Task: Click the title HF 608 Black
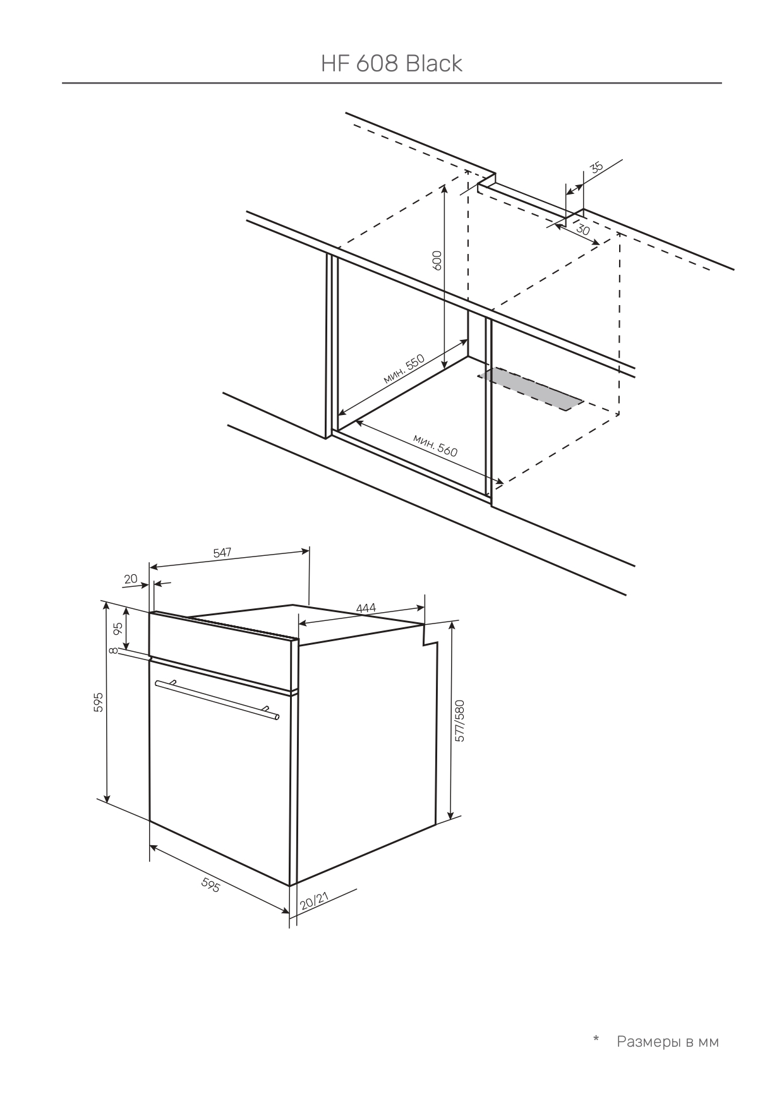pyautogui.click(x=392, y=63)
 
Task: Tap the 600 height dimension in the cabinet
pyautogui.click(x=437, y=260)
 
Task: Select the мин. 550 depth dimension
pyautogui.click(x=404, y=370)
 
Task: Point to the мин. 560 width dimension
pyautogui.click(x=435, y=445)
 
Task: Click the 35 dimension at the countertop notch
pyautogui.click(x=596, y=167)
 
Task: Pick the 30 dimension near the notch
pyautogui.click(x=583, y=231)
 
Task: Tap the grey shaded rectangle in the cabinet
pyautogui.click(x=531, y=388)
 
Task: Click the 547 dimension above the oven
pyautogui.click(x=222, y=553)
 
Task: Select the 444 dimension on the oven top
pyautogui.click(x=366, y=608)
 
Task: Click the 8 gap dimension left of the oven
pyautogui.click(x=112, y=651)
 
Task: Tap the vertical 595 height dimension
pyautogui.click(x=98, y=702)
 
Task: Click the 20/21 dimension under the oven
pyautogui.click(x=314, y=901)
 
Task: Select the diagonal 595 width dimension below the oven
pyautogui.click(x=210, y=886)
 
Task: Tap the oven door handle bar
pyautogui.click(x=217, y=699)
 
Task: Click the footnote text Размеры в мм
pyautogui.click(x=668, y=1042)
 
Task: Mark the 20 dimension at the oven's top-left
pyautogui.click(x=131, y=579)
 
